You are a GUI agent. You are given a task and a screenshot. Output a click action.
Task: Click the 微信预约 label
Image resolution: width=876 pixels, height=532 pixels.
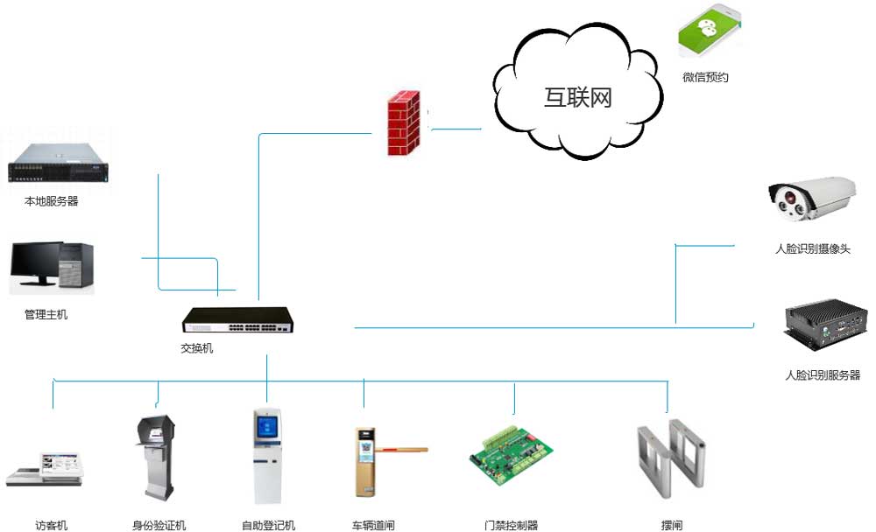705,77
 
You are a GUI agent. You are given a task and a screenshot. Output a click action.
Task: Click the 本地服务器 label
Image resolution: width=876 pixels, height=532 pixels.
52,201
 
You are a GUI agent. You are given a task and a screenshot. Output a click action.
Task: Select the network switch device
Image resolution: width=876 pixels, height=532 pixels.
237,320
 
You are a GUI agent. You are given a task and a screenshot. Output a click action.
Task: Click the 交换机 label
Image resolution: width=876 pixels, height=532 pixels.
196,348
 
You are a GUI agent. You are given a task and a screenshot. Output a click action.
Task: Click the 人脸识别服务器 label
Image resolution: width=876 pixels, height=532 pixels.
823,375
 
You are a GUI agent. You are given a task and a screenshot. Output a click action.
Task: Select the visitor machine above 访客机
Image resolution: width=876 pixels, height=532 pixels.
43,470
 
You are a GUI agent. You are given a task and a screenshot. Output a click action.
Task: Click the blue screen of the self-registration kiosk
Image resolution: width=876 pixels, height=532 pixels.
265,426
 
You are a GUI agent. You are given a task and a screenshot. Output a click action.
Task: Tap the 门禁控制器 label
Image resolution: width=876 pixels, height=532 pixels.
511,526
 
